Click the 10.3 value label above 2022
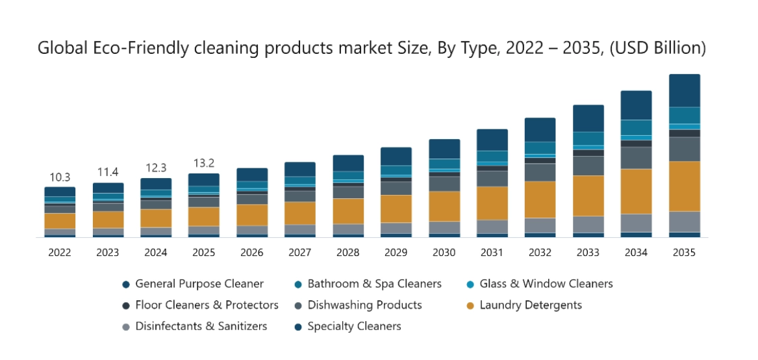point(60,177)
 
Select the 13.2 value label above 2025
point(204,163)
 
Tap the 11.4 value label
point(108,172)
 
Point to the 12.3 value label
point(156,168)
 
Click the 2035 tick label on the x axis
point(685,253)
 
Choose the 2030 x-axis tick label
point(444,253)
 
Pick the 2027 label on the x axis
point(300,253)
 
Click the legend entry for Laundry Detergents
point(531,305)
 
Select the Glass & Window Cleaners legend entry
point(546,283)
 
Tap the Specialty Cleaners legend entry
point(354,326)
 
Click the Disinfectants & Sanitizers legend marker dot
point(126,327)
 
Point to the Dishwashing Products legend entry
point(364,305)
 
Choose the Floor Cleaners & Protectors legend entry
point(207,305)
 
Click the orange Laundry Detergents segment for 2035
point(685,186)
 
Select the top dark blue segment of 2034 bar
point(637,105)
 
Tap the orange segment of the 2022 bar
point(60,221)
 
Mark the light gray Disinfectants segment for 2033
point(588,224)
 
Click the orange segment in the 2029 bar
point(396,209)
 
